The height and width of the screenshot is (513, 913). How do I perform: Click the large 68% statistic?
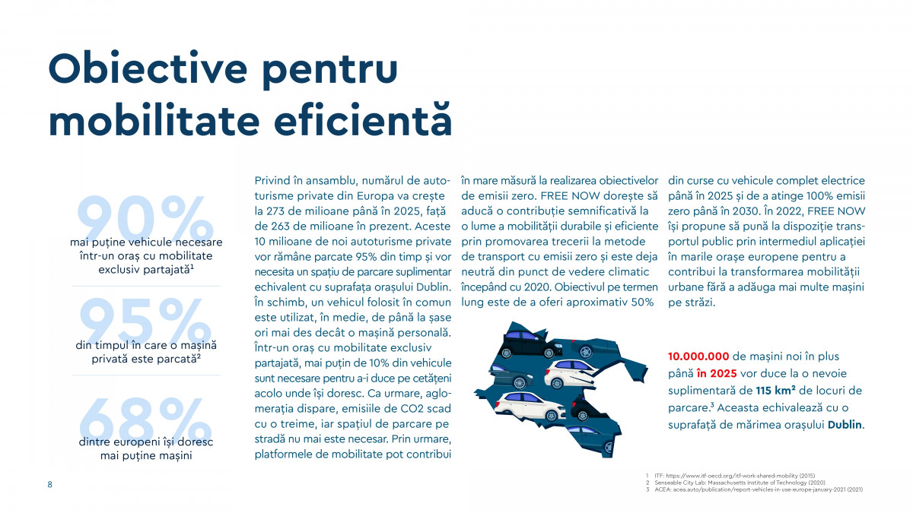(145, 423)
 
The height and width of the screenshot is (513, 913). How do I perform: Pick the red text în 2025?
(717, 374)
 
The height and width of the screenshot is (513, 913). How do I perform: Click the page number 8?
(50, 485)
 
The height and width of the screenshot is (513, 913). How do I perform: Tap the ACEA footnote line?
(757, 490)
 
